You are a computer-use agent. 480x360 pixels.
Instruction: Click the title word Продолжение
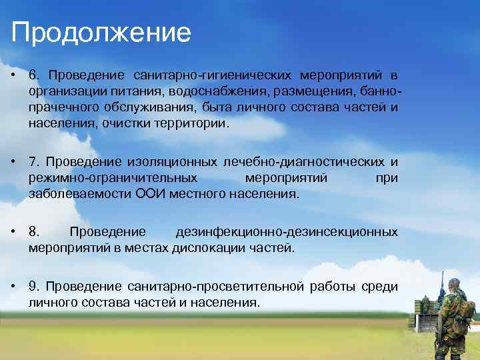101,32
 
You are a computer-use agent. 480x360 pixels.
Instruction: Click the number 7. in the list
35,161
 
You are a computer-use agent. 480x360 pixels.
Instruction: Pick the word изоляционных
180,161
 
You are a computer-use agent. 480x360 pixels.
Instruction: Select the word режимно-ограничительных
113,178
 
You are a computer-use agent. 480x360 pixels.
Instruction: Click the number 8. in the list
35,232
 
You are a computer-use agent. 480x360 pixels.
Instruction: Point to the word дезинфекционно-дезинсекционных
287,232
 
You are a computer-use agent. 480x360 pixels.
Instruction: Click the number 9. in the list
35,286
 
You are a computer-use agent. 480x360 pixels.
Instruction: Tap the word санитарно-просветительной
213,286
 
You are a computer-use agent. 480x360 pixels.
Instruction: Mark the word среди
379,286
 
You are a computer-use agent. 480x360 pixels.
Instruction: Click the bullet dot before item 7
14,161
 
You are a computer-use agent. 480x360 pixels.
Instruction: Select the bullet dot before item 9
14,286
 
